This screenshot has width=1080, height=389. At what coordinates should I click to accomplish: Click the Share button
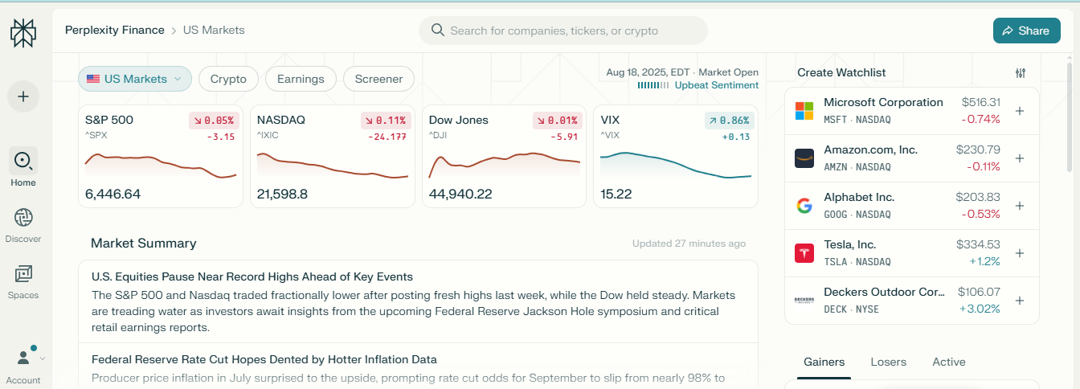[x=1026, y=31]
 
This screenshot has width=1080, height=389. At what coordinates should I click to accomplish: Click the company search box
[x=562, y=31]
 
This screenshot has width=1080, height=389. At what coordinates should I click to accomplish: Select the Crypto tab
[x=228, y=79]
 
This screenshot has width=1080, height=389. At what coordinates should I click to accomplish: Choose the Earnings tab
[x=301, y=79]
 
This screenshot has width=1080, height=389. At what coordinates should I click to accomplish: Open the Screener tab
[x=378, y=79]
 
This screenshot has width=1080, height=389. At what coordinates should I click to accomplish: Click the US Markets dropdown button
[x=135, y=79]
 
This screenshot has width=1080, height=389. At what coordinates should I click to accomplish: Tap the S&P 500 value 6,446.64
[x=112, y=194]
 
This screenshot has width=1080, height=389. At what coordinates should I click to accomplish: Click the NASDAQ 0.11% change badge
[x=386, y=121]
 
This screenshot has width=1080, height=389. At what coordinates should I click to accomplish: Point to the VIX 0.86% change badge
[x=730, y=121]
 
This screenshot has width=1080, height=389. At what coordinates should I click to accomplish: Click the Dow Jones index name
[x=458, y=120]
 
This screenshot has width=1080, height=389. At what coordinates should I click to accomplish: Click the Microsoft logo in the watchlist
[x=804, y=111]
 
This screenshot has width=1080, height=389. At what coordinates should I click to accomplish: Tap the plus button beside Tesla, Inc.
[x=1020, y=253]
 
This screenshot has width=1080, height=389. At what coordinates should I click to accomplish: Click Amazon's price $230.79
[x=978, y=149]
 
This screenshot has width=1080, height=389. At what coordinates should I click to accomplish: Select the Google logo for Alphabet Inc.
[x=804, y=206]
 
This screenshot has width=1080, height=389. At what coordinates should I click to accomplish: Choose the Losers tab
[x=888, y=362]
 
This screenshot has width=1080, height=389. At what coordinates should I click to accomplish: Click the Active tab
[x=948, y=362]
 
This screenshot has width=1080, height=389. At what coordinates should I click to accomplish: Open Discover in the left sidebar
[x=23, y=225]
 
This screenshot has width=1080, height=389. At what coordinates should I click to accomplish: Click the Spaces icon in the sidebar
[x=23, y=275]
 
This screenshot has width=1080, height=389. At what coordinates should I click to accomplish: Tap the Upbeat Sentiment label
[x=716, y=85]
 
